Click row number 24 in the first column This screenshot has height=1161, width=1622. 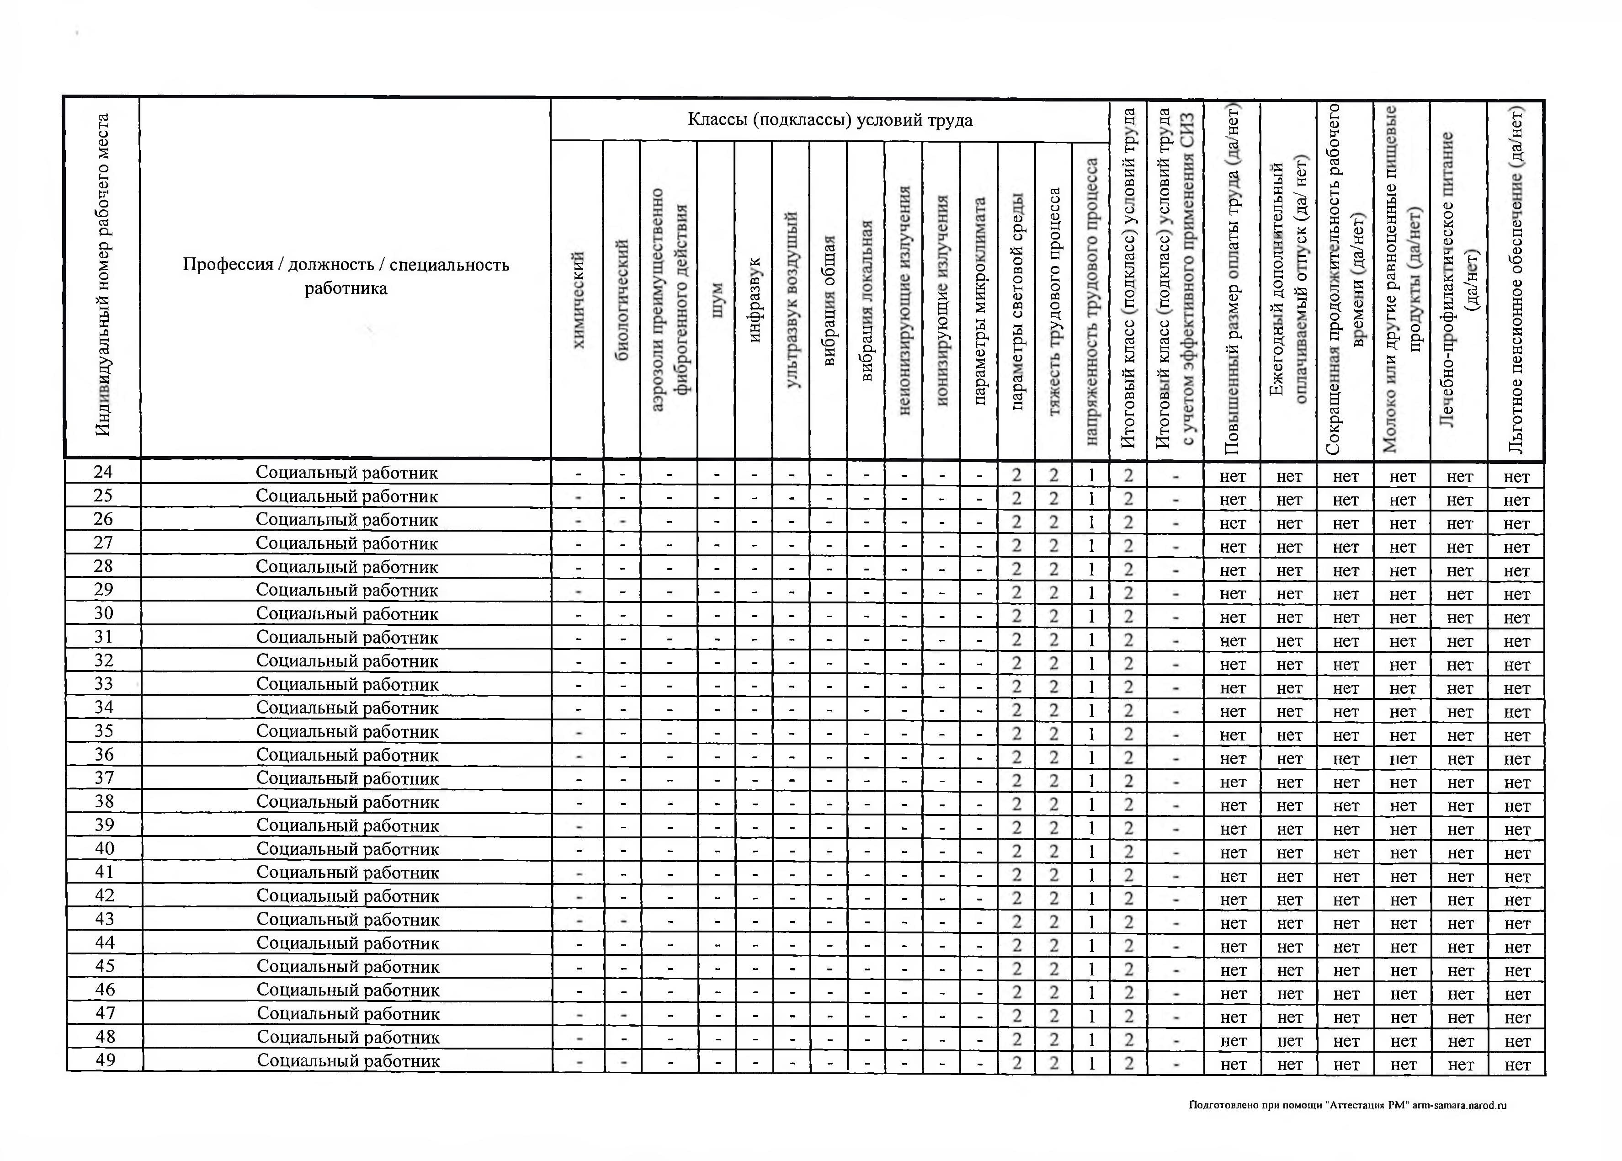[x=104, y=472]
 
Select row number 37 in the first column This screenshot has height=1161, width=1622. [x=104, y=778]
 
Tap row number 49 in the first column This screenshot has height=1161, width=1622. [x=105, y=1060]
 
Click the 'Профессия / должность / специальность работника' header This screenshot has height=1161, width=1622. [x=346, y=276]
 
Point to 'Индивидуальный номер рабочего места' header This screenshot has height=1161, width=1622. [x=102, y=275]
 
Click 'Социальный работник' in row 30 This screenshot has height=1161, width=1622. [x=347, y=613]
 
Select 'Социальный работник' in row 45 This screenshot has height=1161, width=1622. [x=347, y=967]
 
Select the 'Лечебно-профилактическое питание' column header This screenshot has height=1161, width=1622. [x=1459, y=279]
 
